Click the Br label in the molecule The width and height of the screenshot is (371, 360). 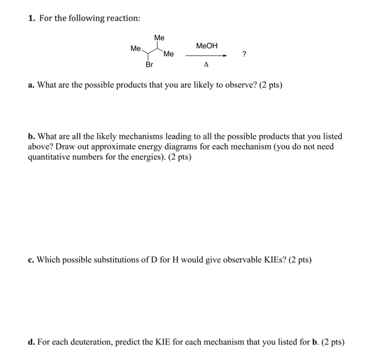pos(149,64)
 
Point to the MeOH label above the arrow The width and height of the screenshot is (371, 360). pos(207,46)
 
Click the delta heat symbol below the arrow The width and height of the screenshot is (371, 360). pos(206,64)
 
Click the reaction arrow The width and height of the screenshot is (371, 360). pos(205,55)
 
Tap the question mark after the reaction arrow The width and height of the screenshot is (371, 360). pos(244,55)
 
